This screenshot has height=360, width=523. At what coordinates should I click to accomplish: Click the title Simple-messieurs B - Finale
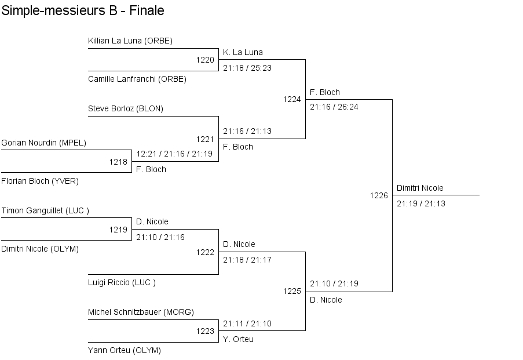83,10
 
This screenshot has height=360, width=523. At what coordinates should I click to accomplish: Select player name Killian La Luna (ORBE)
130,41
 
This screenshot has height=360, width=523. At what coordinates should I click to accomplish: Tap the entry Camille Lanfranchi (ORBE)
137,79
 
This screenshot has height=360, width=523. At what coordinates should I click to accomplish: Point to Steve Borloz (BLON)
126,109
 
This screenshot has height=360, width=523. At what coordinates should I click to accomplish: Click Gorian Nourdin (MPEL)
43,143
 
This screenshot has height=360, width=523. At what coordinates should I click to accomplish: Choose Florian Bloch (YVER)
40,181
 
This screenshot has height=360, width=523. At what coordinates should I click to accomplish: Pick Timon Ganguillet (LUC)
45,210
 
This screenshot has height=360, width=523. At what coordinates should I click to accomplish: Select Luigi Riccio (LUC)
122,282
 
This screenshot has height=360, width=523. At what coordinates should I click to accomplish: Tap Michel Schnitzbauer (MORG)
141,312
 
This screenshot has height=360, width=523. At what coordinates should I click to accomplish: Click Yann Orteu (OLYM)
125,350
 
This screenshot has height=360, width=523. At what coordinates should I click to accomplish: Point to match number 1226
379,195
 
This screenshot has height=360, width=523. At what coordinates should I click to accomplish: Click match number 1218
118,162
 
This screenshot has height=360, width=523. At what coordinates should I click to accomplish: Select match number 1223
205,331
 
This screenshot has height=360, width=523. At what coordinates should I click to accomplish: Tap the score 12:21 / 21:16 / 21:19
174,154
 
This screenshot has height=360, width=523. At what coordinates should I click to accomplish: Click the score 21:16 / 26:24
334,107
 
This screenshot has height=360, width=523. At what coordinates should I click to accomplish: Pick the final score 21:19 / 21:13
421,203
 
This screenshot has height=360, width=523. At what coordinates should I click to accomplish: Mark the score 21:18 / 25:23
247,68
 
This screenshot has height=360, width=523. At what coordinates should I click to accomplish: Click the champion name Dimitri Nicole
420,188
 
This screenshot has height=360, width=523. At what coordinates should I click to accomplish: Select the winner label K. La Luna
243,52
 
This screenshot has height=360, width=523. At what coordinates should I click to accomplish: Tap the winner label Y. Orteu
238,339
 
